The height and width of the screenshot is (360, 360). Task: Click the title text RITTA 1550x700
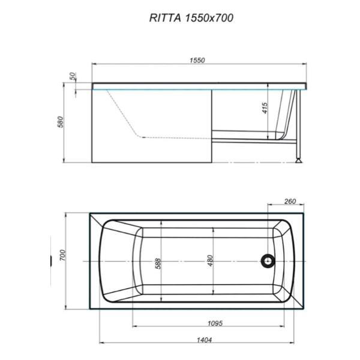(191, 18)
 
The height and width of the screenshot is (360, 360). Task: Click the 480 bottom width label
(211, 262)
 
